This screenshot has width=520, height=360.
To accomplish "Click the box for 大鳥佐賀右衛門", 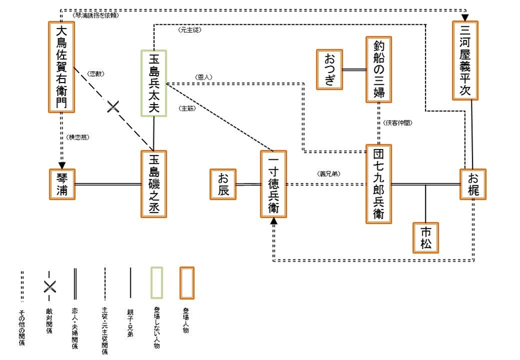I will [x=62, y=67].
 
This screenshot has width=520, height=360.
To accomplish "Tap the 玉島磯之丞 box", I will [x=154, y=184].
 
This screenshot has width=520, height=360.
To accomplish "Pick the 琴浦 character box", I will [x=62, y=184].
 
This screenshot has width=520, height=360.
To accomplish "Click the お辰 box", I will [x=223, y=184].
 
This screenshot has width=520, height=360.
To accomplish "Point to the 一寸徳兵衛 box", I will [x=274, y=184].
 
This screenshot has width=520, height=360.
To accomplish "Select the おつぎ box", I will [x=330, y=69].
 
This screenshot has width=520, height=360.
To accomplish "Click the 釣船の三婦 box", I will [x=379, y=69].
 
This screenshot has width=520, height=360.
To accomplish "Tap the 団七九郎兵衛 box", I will [x=379, y=184].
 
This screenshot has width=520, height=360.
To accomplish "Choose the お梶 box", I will [x=472, y=184].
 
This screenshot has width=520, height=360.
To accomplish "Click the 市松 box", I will [x=426, y=238].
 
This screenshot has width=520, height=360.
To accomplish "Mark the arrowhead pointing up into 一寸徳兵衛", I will [x=274, y=221].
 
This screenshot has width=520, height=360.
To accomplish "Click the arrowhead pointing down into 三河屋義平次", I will [x=465, y=17].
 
